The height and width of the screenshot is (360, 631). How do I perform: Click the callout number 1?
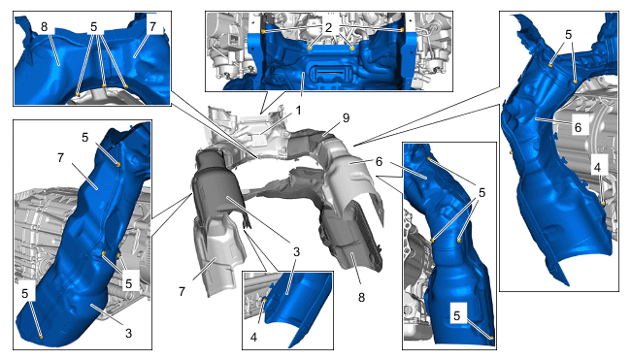[298, 110]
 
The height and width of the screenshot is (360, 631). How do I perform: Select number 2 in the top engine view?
[328, 27]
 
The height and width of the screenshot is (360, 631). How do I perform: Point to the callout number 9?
[346, 117]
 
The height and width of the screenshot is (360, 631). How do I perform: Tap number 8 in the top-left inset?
[44, 27]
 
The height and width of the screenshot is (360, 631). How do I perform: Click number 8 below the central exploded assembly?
[361, 297]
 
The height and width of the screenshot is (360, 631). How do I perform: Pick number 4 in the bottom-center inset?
[253, 337]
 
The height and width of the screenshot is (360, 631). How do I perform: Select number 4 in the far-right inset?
[597, 167]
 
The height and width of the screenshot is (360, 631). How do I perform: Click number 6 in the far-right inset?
[578, 127]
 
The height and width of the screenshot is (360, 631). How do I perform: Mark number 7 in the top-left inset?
[152, 27]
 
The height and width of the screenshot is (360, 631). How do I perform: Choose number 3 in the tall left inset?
[128, 333]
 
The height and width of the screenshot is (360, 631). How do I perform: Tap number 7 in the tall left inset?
[60, 157]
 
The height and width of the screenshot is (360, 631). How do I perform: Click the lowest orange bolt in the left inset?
[41, 337]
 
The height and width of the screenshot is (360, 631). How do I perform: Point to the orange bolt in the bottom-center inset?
[265, 300]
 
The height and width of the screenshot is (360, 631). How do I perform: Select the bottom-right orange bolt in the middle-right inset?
[491, 339]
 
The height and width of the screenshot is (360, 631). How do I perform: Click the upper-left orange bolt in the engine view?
[263, 31]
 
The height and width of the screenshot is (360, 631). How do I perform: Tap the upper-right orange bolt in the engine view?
[402, 30]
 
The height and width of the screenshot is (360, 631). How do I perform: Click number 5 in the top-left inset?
[94, 27]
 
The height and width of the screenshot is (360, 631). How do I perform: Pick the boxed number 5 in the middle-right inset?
[457, 315]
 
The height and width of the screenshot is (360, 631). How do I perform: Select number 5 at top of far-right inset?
[568, 35]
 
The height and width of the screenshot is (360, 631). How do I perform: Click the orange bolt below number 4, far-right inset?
[603, 203]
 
